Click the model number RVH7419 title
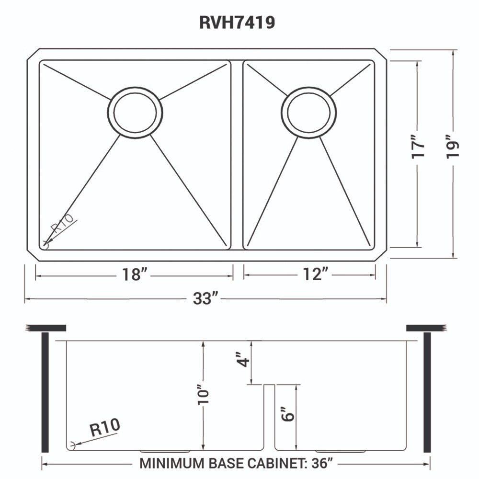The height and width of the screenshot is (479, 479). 237,23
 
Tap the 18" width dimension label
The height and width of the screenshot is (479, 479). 134,275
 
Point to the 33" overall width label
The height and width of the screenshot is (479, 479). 205,298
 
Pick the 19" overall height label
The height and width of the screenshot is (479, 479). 452,150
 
